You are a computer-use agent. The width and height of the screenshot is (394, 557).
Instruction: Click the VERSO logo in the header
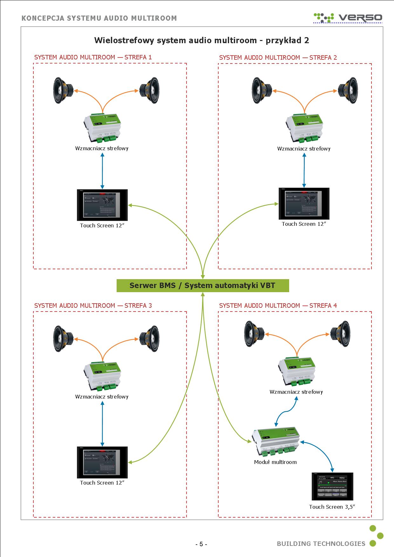(x=348, y=17)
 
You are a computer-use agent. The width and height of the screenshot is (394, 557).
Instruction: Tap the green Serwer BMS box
(x=203, y=285)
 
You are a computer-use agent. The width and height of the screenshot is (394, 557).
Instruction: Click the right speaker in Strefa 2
(x=348, y=91)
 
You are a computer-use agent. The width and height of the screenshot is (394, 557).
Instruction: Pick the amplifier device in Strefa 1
(x=103, y=128)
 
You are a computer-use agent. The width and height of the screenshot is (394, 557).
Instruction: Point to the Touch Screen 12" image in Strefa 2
(x=304, y=204)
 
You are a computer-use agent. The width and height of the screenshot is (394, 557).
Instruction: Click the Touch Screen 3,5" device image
(x=332, y=487)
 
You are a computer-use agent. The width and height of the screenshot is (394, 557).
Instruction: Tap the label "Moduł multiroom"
(x=275, y=462)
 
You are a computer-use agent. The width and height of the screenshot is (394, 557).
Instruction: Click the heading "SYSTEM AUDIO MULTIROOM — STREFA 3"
(x=93, y=305)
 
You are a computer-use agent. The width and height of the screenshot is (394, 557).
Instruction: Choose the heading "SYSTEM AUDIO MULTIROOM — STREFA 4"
(x=278, y=305)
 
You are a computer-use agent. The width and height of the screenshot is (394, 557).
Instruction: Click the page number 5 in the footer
(x=201, y=544)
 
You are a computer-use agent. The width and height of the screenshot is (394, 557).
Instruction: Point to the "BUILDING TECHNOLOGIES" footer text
(x=321, y=544)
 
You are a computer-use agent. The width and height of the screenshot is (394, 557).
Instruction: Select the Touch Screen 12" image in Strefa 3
(x=102, y=462)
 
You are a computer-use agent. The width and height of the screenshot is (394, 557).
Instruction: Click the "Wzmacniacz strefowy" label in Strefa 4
(x=296, y=392)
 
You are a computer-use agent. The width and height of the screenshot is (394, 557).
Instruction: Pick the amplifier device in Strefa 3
(x=103, y=376)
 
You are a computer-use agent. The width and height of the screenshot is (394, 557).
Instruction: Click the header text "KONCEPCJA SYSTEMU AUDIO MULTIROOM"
(x=99, y=18)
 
